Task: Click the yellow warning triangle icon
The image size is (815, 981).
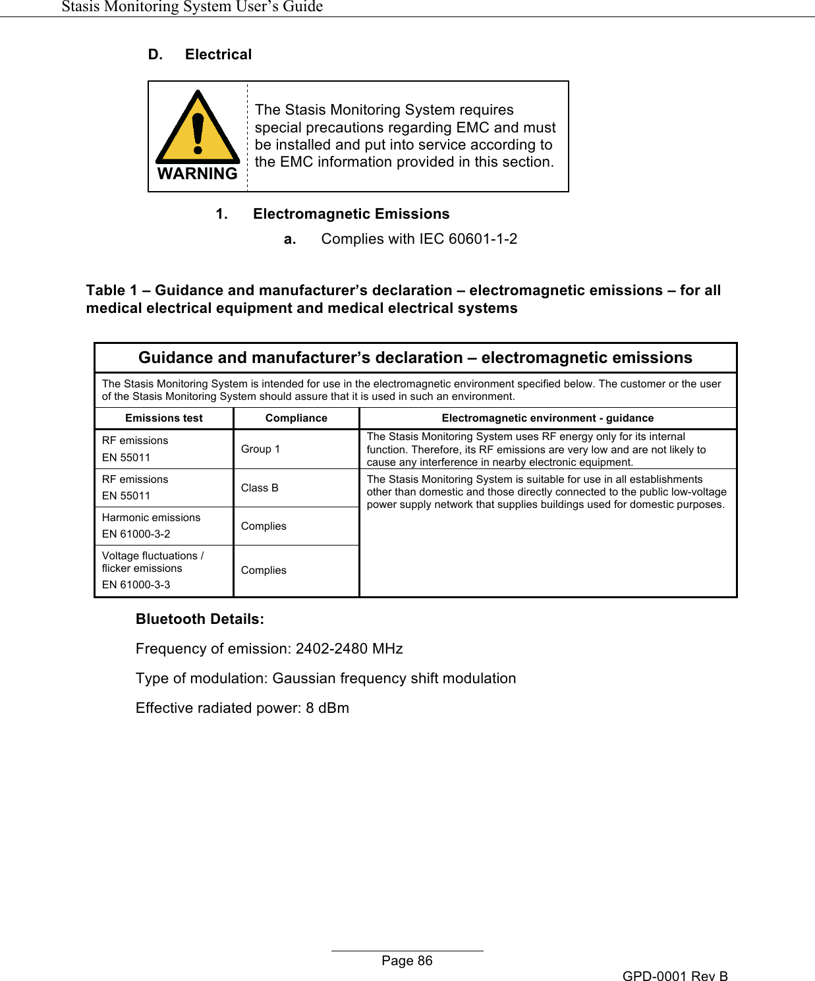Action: (198, 128)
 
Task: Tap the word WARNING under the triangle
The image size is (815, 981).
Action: (198, 174)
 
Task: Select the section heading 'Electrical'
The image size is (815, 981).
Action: (218, 55)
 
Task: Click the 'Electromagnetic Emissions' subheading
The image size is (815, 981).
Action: (351, 214)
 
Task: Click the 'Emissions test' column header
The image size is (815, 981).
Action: (164, 418)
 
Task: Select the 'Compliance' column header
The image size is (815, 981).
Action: (296, 418)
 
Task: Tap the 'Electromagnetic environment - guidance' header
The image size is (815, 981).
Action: (548, 418)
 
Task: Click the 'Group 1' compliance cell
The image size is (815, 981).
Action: (260, 449)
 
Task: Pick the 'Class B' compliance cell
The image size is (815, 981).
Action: (260, 488)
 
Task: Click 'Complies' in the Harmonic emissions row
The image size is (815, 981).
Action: (264, 526)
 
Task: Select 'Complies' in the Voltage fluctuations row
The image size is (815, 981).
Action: (264, 571)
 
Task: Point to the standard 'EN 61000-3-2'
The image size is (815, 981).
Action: (136, 534)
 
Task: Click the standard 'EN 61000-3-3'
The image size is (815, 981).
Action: (136, 585)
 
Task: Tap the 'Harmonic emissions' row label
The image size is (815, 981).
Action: (151, 518)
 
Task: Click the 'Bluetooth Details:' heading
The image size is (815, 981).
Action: (200, 619)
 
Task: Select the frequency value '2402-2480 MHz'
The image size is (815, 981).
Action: (349, 649)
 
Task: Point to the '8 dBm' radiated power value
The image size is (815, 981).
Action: (327, 708)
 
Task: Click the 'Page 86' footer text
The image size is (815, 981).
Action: (407, 961)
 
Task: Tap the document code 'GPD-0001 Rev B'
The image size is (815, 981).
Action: (675, 976)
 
